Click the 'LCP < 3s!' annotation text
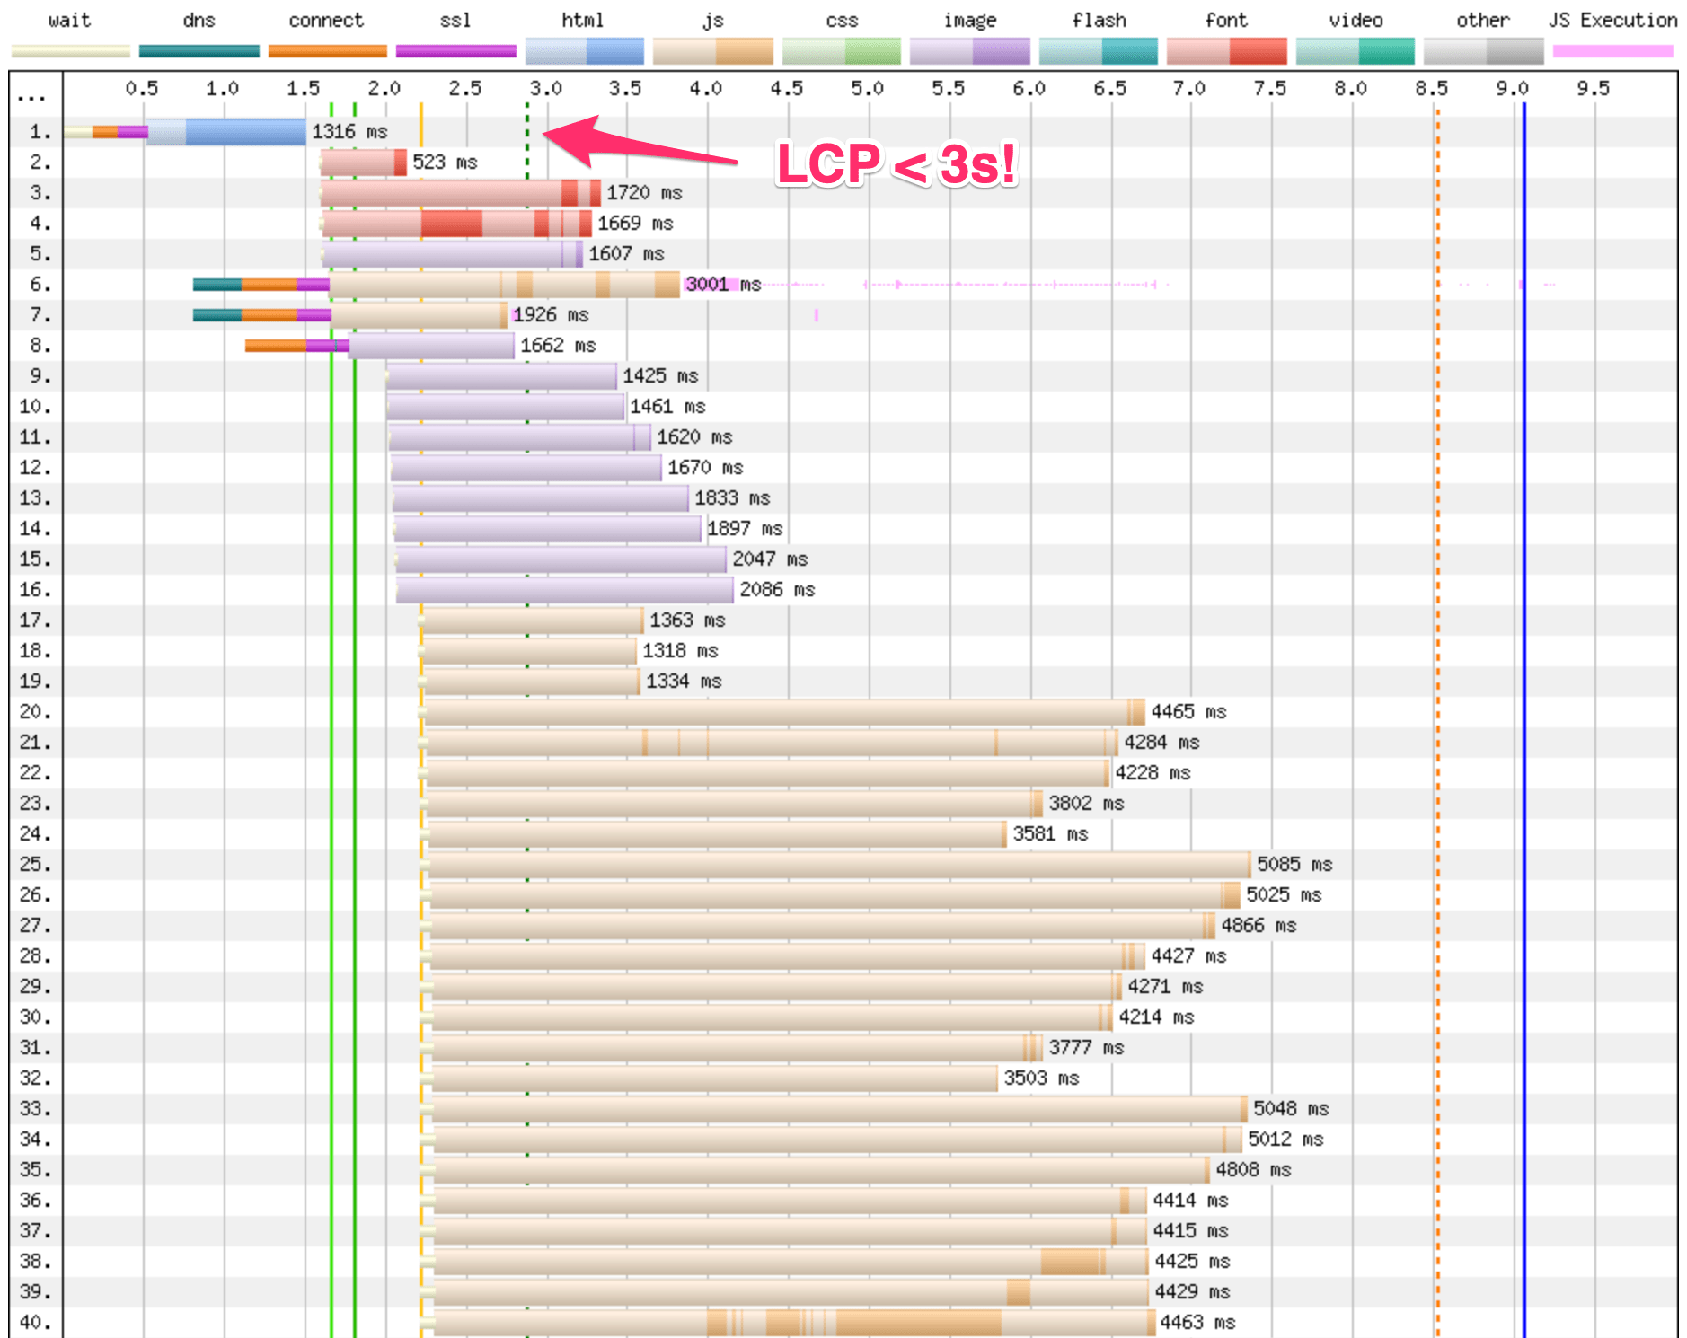click(896, 164)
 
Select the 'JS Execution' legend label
click(1612, 20)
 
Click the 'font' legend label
click(1226, 20)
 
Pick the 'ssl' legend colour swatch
click(455, 51)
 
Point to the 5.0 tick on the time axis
click(868, 88)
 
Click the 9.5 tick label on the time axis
click(1594, 88)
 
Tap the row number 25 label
click(35, 864)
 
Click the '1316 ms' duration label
click(349, 131)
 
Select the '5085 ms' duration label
click(1294, 864)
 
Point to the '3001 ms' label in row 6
click(723, 285)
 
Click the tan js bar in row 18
click(530, 651)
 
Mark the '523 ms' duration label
click(445, 163)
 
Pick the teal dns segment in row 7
click(216, 315)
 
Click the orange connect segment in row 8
click(275, 346)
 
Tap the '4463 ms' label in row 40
click(1197, 1322)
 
